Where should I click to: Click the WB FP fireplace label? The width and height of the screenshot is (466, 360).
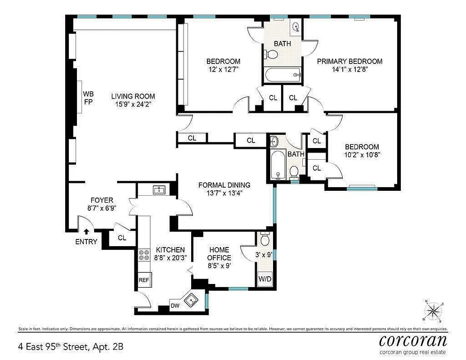pos(87,98)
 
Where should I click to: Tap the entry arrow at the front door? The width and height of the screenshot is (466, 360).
pos(86,232)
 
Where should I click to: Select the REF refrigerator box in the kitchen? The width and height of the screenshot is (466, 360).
pos(143,279)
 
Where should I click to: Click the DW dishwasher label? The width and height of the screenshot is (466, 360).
pos(175,306)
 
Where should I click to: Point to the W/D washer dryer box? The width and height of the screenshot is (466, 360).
pos(265,279)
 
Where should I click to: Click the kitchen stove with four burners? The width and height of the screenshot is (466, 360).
pos(143,256)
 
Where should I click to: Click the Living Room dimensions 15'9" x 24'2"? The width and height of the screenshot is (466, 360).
pos(133,104)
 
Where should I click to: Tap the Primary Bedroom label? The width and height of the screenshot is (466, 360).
pos(349,61)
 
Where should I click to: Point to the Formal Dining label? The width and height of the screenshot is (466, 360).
pos(224,185)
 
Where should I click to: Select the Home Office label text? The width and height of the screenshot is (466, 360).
pos(219,254)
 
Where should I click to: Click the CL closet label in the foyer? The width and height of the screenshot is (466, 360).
pos(122,238)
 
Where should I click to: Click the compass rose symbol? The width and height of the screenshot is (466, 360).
pos(433,310)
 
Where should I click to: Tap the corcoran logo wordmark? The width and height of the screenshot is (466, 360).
pos(413,340)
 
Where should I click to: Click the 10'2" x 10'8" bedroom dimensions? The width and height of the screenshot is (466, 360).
pos(362,155)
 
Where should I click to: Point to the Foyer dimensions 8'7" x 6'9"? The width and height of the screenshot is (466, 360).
pos(102,209)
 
